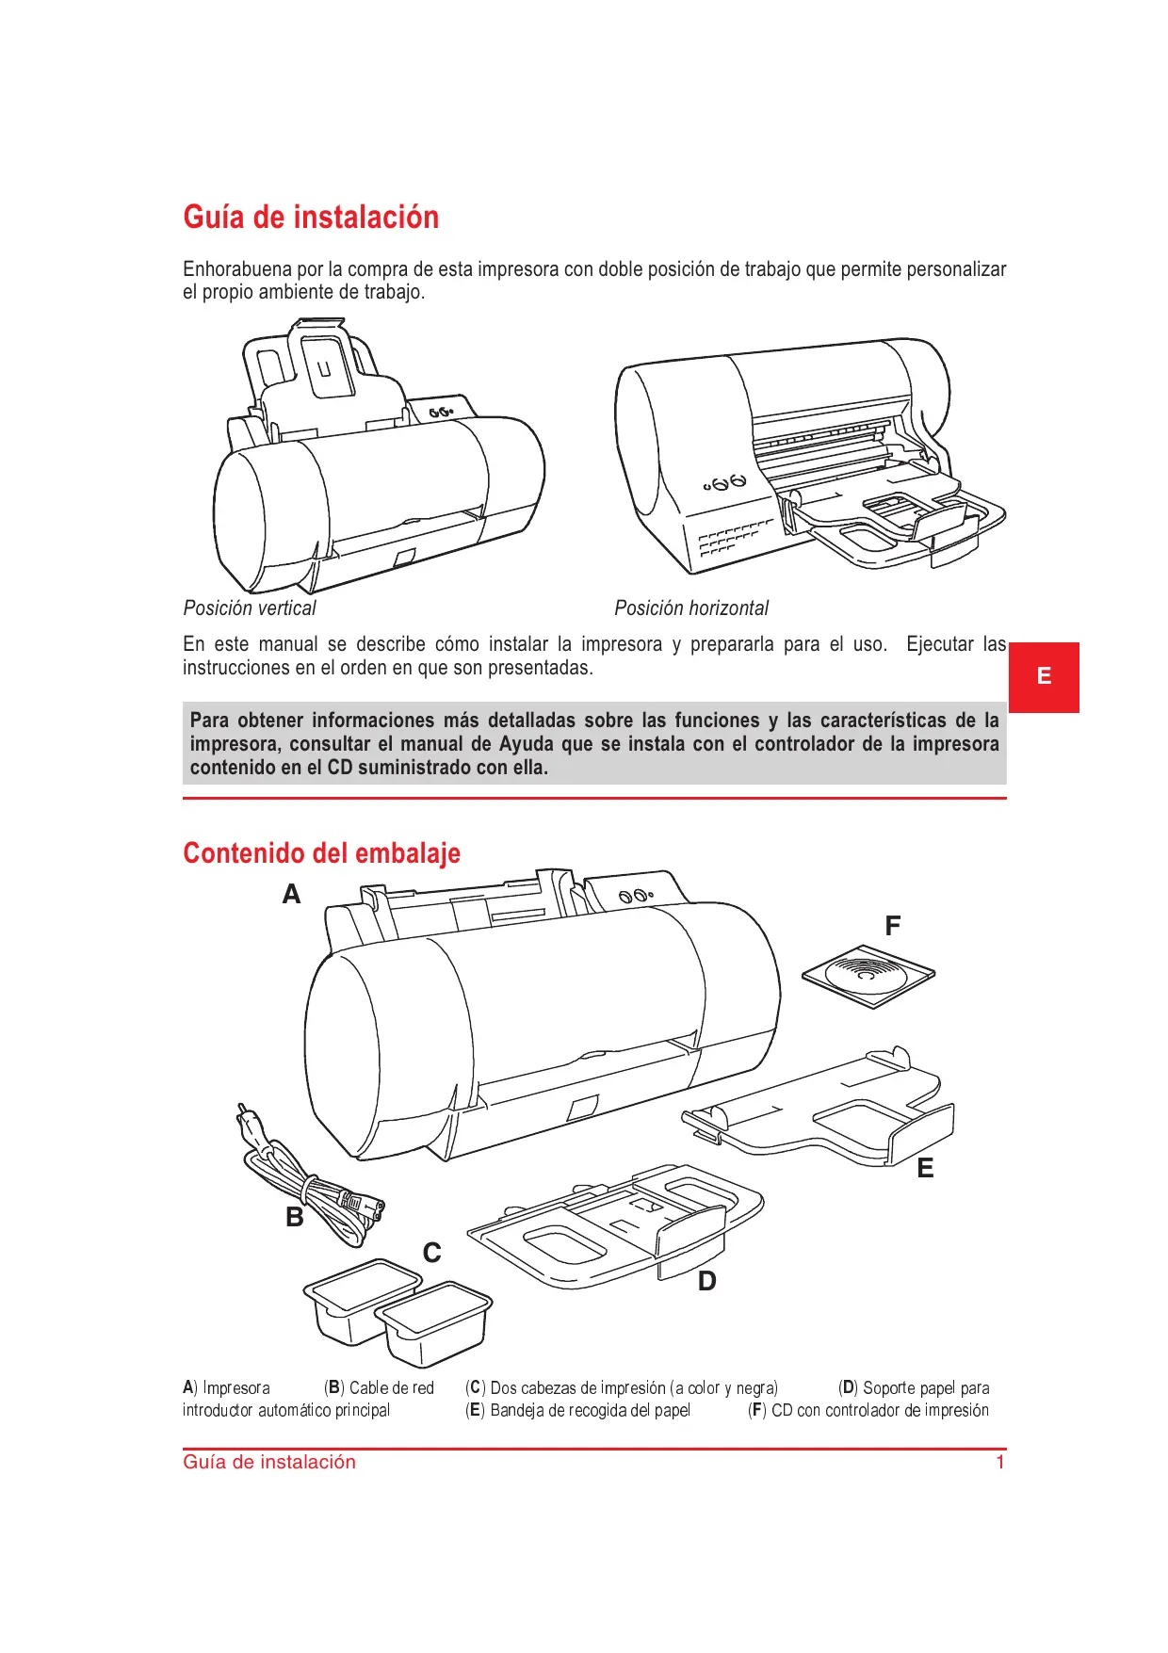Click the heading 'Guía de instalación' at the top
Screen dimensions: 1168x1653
311,218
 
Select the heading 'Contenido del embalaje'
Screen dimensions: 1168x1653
321,853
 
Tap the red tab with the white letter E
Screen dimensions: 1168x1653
1044,676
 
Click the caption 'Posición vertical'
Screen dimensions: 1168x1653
250,608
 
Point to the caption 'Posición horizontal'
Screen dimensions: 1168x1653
691,608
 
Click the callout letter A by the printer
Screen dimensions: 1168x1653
292,895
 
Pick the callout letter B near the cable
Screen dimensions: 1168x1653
295,1218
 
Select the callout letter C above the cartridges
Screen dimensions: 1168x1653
432,1254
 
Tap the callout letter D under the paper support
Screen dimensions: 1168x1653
707,1282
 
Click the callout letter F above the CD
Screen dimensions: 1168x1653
893,927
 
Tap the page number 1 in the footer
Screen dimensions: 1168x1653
1000,1463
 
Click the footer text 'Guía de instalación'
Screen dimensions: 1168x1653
269,1463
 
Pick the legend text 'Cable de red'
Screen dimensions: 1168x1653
391,1388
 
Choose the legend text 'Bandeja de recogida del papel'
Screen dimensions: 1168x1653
590,1411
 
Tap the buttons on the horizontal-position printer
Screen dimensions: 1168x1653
725,483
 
